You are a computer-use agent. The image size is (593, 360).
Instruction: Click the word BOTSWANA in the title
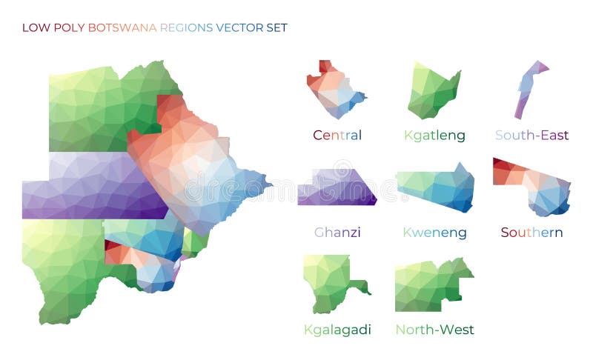pyautogui.click(x=122, y=28)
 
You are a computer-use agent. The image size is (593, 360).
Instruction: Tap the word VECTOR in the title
pyautogui.click(x=239, y=28)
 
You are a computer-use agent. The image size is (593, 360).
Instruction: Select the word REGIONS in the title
pyautogui.click(x=186, y=28)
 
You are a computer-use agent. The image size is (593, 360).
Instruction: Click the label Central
pyautogui.click(x=337, y=136)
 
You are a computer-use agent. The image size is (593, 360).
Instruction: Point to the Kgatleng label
pyautogui.click(x=434, y=136)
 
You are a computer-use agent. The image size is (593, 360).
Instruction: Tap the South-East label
pyautogui.click(x=531, y=136)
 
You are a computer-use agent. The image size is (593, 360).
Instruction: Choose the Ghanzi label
pyautogui.click(x=337, y=233)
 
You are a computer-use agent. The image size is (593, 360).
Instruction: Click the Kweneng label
pyautogui.click(x=434, y=233)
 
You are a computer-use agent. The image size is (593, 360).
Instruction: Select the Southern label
pyautogui.click(x=531, y=233)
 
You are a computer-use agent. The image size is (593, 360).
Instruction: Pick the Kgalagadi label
pyautogui.click(x=337, y=330)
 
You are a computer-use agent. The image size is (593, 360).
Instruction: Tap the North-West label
pyautogui.click(x=434, y=330)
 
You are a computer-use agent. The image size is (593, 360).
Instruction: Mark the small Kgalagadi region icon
pyautogui.click(x=330, y=281)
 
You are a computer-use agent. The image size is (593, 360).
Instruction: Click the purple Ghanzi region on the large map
pyautogui.click(x=89, y=185)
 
